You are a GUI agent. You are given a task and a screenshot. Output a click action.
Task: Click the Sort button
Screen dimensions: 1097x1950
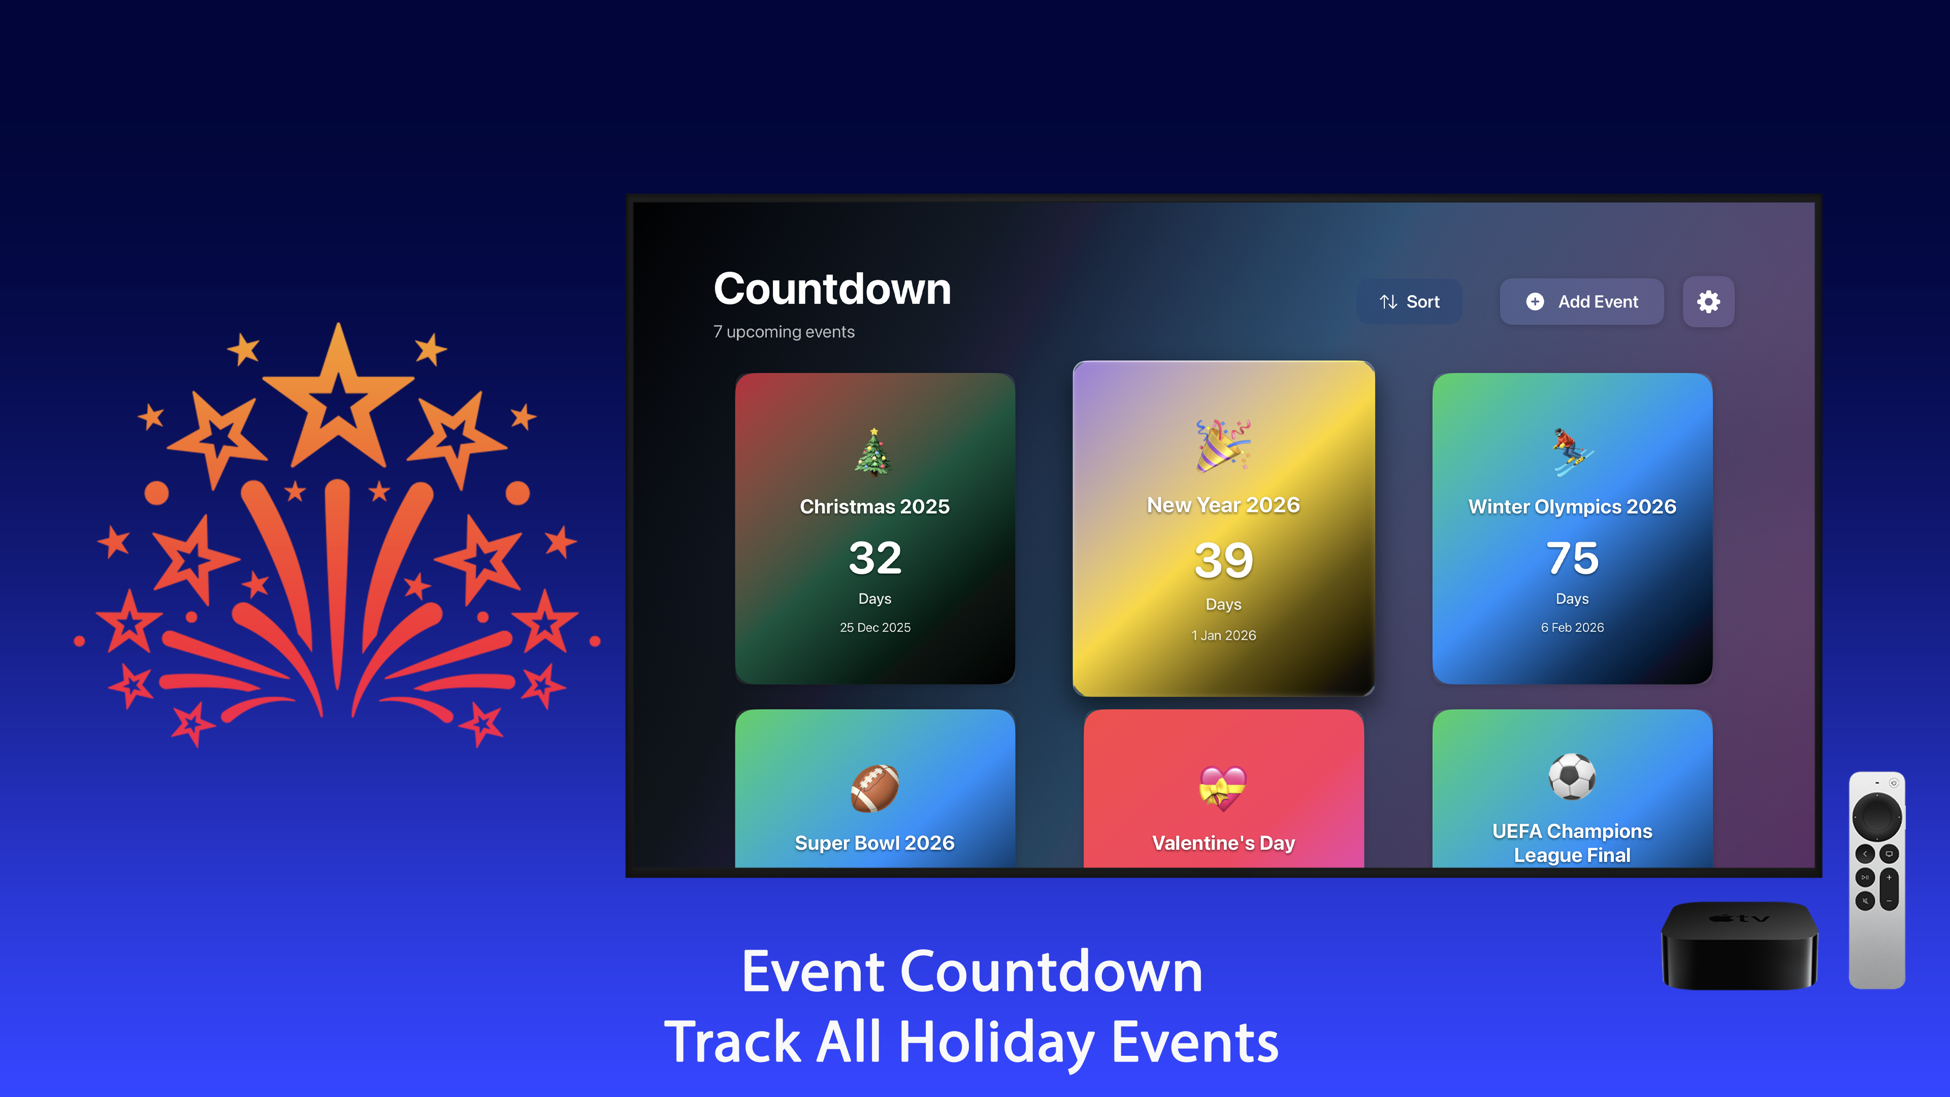pyautogui.click(x=1410, y=301)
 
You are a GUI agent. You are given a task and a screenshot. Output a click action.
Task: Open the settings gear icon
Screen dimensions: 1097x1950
pyautogui.click(x=1708, y=301)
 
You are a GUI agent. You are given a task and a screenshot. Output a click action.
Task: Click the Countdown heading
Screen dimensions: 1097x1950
pyautogui.click(x=832, y=289)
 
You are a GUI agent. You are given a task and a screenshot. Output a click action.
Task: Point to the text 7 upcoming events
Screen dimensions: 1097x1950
pyautogui.click(x=784, y=332)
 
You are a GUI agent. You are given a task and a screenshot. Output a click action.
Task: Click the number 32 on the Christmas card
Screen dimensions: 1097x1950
pyautogui.click(x=875, y=558)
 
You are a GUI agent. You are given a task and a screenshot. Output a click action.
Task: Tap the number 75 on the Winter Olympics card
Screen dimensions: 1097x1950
pyautogui.click(x=1572, y=558)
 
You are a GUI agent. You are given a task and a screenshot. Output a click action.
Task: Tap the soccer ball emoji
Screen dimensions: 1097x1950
pyautogui.click(x=1572, y=777)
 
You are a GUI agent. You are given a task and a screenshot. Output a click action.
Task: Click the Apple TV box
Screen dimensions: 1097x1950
pyautogui.click(x=1739, y=946)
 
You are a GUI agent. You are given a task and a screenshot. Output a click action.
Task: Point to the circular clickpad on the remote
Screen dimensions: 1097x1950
pyautogui.click(x=1876, y=816)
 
